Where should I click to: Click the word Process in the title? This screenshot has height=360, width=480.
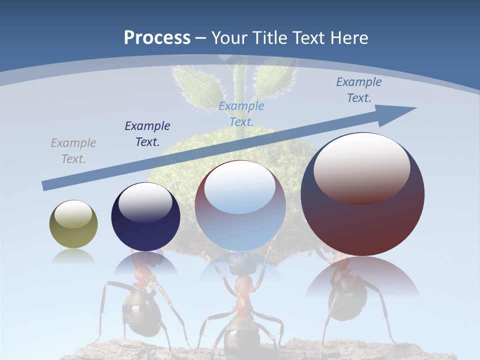(157, 37)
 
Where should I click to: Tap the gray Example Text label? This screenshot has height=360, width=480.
(73, 150)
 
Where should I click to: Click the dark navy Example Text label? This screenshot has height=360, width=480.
(147, 133)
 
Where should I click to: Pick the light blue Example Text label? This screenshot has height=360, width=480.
(241, 113)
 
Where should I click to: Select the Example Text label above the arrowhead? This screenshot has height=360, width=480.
(359, 89)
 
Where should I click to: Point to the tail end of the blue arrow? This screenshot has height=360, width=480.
(45, 186)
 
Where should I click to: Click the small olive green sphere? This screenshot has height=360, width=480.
(73, 235)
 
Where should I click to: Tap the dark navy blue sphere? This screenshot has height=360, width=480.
(145, 230)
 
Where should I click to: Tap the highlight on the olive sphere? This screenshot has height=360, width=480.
(73, 214)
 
